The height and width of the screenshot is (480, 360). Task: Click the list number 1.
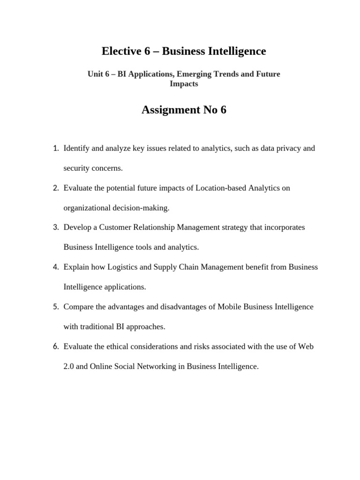click(55, 149)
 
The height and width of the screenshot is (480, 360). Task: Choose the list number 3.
click(55, 227)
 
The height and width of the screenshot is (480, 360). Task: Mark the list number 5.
click(55, 307)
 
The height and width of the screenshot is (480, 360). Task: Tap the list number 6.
click(55, 347)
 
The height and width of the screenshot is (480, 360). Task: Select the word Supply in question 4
click(166, 267)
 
